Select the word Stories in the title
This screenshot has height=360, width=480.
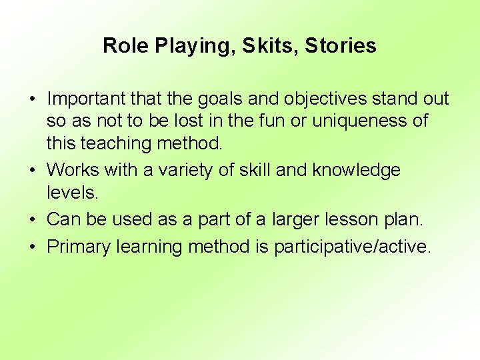[341, 45]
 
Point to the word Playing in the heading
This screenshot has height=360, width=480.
[192, 45]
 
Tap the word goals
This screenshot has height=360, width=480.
[218, 99]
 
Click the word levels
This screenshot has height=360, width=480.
[73, 192]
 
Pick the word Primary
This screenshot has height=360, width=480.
[79, 247]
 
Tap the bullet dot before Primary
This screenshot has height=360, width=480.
[32, 247]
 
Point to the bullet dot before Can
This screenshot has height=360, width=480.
[32, 219]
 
